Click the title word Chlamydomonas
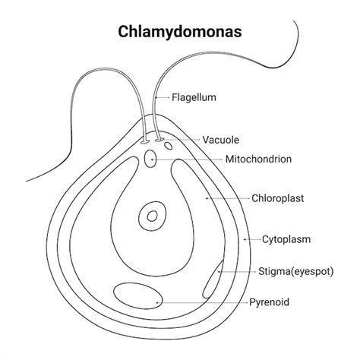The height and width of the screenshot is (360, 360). coord(180,33)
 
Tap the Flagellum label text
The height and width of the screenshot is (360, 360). coord(194,97)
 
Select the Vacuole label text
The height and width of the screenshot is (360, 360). coord(222,140)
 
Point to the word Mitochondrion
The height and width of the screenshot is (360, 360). coord(258,159)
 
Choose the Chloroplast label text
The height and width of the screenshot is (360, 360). coord(277,198)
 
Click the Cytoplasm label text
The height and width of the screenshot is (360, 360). coord(286,239)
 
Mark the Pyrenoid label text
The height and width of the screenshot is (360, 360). coord(270,302)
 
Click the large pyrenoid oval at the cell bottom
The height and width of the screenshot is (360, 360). coord(137,295)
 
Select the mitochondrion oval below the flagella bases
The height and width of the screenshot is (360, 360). coord(151,159)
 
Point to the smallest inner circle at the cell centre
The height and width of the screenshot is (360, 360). coord(153,215)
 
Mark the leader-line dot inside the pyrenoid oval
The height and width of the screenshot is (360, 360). coord(156,302)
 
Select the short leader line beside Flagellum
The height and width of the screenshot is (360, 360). coord(162,97)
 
